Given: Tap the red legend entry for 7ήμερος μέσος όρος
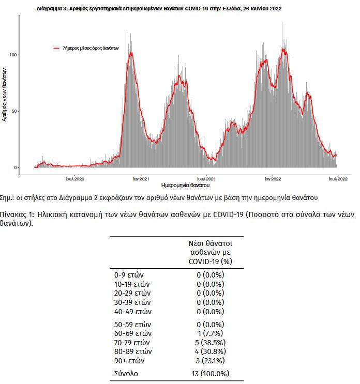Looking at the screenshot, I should (86, 48).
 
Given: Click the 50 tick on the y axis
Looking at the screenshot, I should (14, 111).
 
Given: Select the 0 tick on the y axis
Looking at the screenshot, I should (16, 167).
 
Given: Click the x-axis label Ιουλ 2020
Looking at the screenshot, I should (75, 179).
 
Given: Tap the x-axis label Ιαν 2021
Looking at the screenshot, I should (141, 179).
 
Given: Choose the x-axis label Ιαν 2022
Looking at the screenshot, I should (273, 179).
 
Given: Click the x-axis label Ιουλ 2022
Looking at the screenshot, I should (338, 179).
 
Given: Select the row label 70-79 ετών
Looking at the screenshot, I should (132, 342).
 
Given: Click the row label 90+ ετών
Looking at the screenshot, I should (129, 360).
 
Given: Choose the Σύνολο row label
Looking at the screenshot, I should (126, 373).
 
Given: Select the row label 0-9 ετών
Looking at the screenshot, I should (129, 275).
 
